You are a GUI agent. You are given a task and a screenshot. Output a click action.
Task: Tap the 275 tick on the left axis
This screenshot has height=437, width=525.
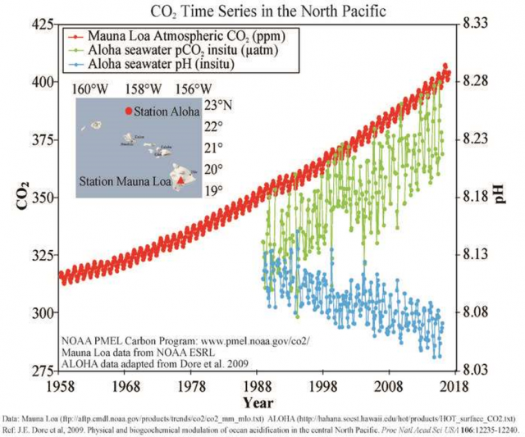(x=40, y=371)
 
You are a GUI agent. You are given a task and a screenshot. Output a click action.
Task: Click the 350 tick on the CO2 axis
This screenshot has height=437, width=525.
(x=40, y=198)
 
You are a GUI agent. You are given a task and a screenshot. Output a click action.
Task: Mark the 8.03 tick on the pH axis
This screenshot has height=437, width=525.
(x=480, y=371)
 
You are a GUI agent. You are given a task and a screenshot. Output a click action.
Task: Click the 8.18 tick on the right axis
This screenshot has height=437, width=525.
(x=480, y=198)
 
